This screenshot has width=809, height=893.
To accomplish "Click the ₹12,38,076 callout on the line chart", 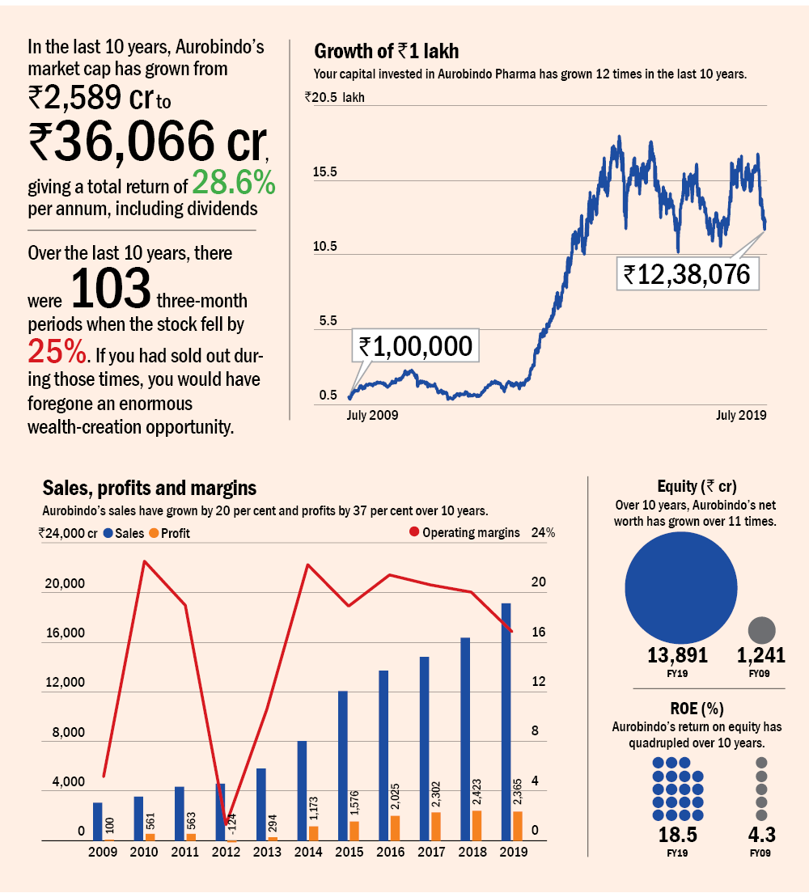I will tap(687, 273).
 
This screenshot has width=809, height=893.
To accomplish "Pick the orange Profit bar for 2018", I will tap(477, 825).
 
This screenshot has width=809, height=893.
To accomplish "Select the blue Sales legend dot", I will tap(108, 533).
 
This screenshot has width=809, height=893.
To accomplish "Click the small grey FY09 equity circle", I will tap(762, 630).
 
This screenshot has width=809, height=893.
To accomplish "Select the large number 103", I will tap(112, 290).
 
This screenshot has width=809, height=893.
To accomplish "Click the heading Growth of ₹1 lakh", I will tap(386, 52).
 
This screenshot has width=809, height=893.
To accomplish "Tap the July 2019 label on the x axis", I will tap(740, 415).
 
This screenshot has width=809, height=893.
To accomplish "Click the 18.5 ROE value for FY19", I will tap(677, 835).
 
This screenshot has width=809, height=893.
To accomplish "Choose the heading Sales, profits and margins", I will tap(149, 488).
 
